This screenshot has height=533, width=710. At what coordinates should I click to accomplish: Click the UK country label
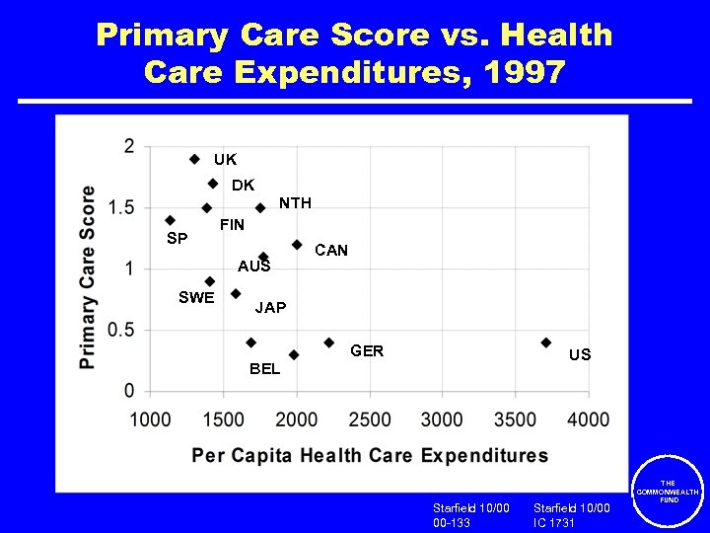[x=225, y=159]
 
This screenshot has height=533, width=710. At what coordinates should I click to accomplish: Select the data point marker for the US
[x=545, y=343]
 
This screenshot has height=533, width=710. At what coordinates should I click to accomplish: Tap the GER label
[x=367, y=351]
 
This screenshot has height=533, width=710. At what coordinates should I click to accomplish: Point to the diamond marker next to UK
[x=194, y=159]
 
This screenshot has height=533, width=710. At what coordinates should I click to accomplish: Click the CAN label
[x=330, y=251]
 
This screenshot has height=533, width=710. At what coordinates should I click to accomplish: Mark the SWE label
[x=196, y=298]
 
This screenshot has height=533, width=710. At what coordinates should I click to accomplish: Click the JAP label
[x=270, y=308]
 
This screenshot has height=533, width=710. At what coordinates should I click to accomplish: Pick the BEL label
[x=264, y=369]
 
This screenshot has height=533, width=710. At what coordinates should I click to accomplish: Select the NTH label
[x=295, y=203]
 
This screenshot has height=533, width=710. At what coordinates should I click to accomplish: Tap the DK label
[x=243, y=186]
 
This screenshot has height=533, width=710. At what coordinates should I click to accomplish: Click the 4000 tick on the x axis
[x=588, y=419]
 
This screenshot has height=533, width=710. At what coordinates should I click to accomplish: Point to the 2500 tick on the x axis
[x=369, y=419]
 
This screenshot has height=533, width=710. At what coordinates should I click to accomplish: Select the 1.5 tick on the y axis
[x=122, y=207]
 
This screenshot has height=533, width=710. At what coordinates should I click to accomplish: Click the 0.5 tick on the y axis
[x=122, y=330]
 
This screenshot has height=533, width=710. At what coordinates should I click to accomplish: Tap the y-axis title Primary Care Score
[x=89, y=277]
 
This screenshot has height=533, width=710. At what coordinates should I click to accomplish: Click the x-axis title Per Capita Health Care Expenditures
[x=370, y=455]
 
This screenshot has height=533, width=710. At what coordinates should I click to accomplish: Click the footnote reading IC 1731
[x=555, y=522]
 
